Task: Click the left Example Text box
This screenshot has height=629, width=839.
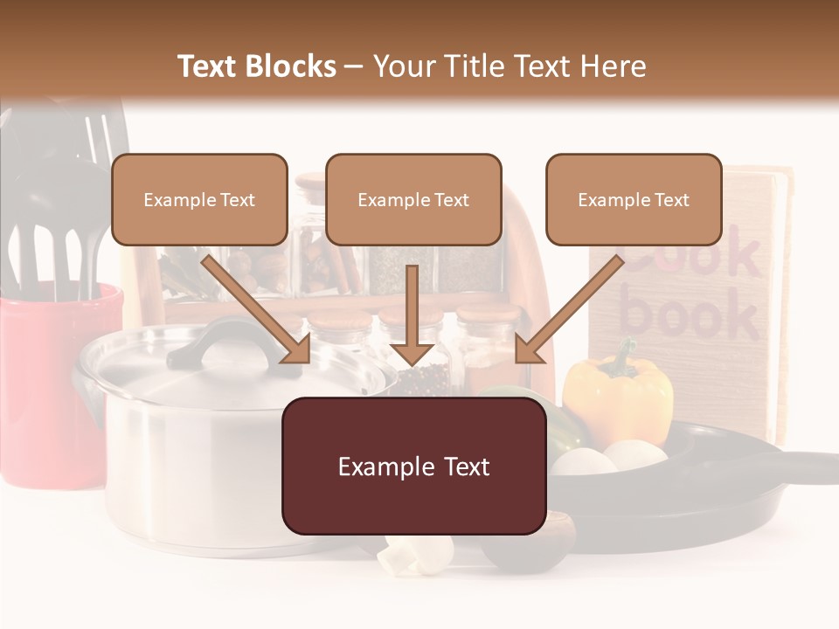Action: pyautogui.click(x=199, y=199)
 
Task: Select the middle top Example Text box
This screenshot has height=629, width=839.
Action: pyautogui.click(x=413, y=199)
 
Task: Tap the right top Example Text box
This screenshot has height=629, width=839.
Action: pyautogui.click(x=634, y=199)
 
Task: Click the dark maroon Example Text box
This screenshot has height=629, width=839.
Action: pyautogui.click(x=413, y=466)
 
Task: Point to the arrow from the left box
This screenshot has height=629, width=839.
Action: pyautogui.click(x=258, y=310)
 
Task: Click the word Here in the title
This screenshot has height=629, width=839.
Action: pyautogui.click(x=611, y=66)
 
